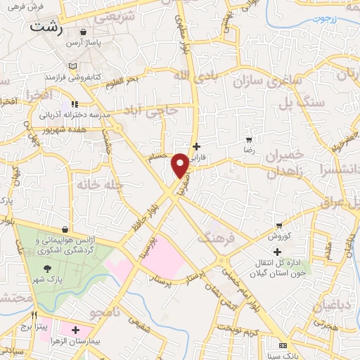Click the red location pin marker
click(x=180, y=165)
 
